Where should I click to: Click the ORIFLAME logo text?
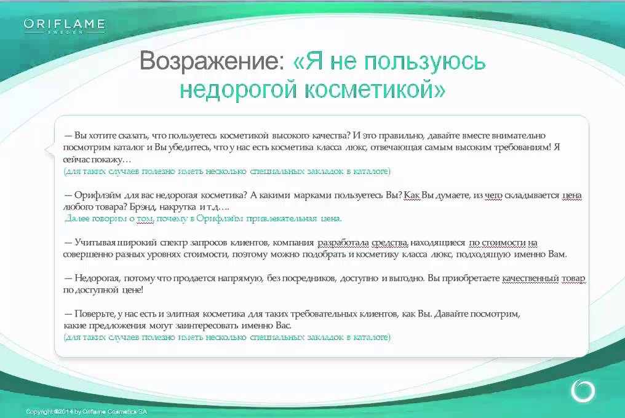tap(64, 24)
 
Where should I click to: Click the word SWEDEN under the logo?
tap(65, 32)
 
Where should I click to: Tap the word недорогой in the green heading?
tap(238, 89)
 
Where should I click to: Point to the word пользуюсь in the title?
tap(425, 62)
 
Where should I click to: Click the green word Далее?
tap(77, 218)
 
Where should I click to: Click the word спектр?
tap(173, 242)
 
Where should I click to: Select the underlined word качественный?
tap(530, 278)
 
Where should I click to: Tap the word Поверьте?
tap(95, 313)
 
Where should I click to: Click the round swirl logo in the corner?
tap(583, 390)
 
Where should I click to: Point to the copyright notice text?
tap(87, 412)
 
